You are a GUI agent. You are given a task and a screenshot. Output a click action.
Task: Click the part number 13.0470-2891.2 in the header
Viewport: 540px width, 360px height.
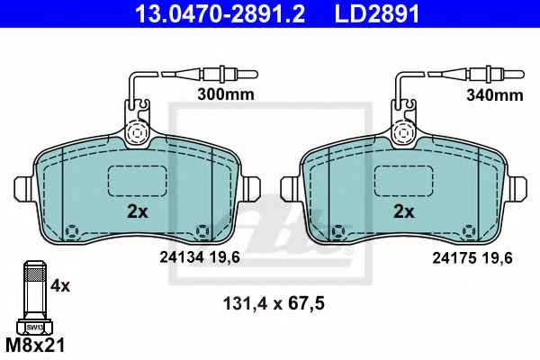point(220,13)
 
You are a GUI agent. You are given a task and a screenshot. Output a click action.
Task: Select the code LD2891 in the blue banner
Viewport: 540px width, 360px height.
point(377,13)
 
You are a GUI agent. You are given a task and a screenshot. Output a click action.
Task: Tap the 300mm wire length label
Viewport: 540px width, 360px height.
point(226,94)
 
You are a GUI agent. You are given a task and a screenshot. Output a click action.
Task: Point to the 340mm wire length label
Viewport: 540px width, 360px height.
point(495,95)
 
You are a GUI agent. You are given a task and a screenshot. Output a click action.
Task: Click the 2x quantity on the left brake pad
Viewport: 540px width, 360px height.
point(138,211)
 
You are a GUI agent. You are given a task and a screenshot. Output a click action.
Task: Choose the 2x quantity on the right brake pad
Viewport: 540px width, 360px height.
point(404,211)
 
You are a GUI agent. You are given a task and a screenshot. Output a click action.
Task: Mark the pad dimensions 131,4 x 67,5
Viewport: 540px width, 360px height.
point(274,304)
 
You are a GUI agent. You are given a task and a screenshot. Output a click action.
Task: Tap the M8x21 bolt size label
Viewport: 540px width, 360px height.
point(35,346)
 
